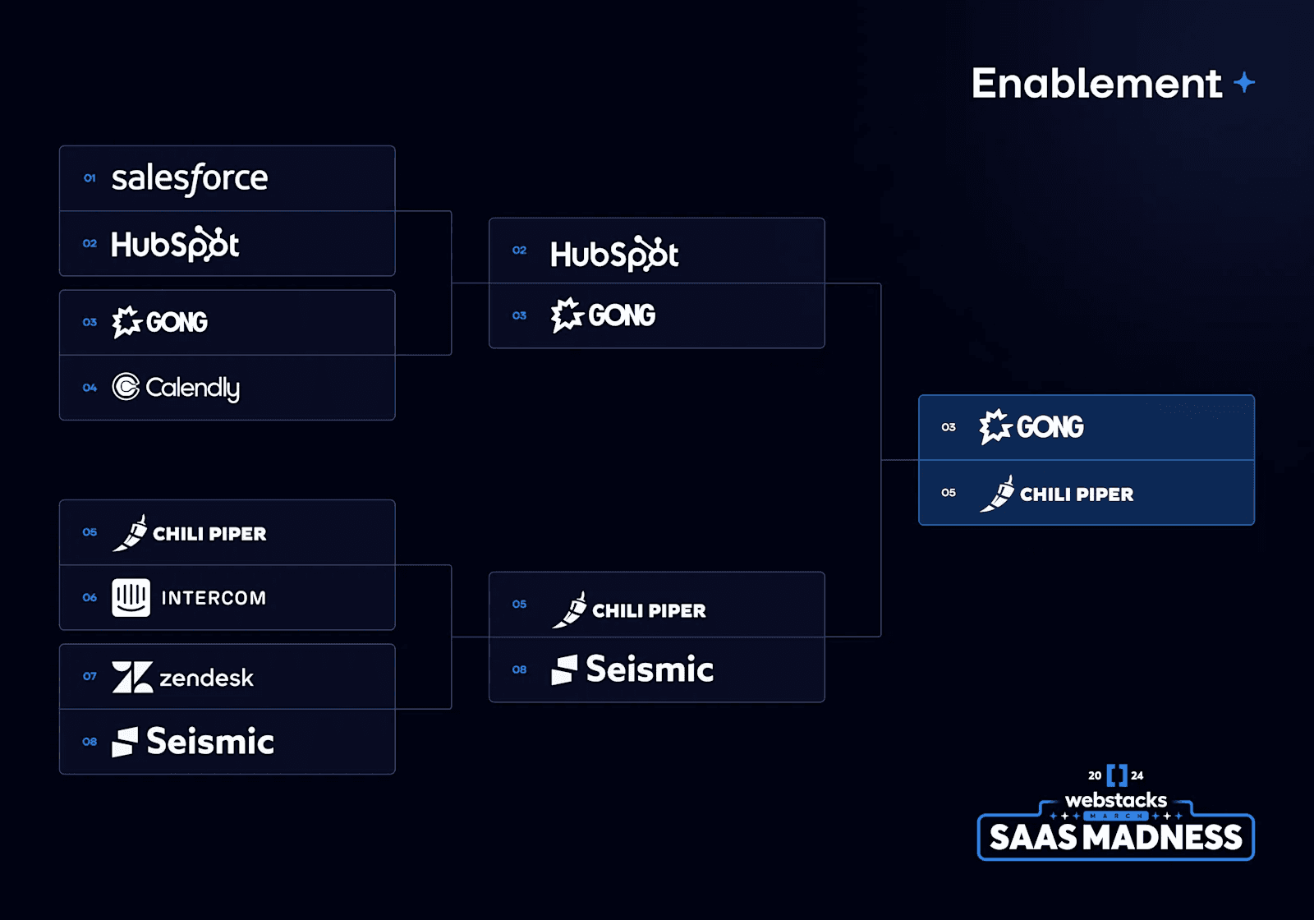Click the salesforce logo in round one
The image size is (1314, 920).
(x=189, y=178)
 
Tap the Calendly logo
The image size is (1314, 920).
(x=176, y=388)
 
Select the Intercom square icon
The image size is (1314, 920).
(x=131, y=597)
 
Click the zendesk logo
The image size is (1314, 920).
(x=182, y=678)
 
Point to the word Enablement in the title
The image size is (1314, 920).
(x=1096, y=83)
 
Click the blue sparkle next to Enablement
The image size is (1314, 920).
(x=1244, y=82)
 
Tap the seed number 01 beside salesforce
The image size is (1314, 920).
(x=90, y=178)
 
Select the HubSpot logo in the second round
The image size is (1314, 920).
(x=613, y=254)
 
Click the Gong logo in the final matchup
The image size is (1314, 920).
(x=1031, y=426)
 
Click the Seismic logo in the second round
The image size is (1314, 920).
(x=632, y=669)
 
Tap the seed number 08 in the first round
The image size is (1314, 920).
(x=90, y=742)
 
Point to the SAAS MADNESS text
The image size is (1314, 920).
(x=1115, y=837)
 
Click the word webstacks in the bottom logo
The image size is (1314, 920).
(x=1115, y=800)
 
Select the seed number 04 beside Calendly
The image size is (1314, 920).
(x=90, y=388)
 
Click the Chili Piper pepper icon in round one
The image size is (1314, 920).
(x=130, y=533)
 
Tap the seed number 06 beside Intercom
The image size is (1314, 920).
(x=90, y=597)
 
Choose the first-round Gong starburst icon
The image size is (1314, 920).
(x=126, y=322)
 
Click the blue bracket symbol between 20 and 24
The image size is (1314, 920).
(x=1116, y=775)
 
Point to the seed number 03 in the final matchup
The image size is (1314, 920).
(x=949, y=427)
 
